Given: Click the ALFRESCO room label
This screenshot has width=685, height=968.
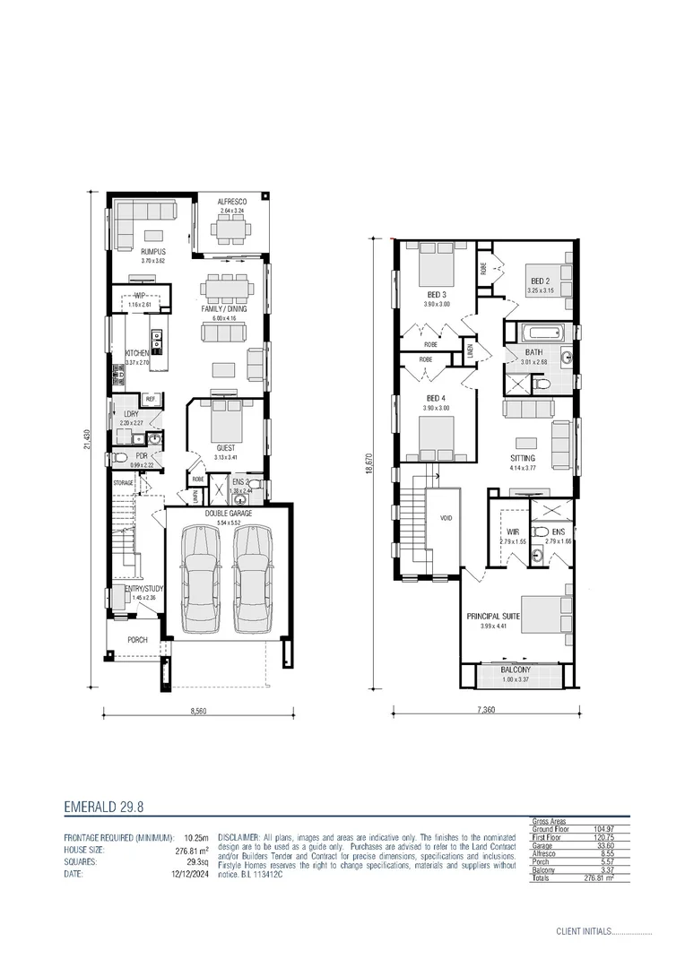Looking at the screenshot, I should click(231, 203).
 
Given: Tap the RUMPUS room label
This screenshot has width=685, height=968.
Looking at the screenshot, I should click(152, 252).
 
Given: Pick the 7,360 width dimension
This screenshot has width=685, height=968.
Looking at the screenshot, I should click(485, 710).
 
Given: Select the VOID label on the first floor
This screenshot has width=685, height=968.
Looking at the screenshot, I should click(446, 519).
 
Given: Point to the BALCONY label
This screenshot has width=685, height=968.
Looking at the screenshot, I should click(515, 670).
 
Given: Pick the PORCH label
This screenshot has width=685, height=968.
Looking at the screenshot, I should click(137, 640).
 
